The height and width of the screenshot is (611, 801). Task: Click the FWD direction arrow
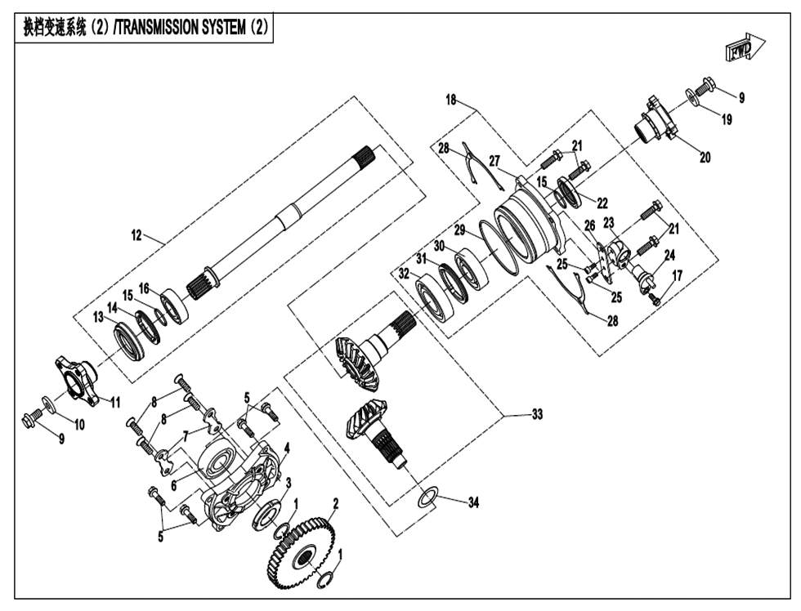[x=743, y=49]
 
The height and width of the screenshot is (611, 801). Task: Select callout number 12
[x=136, y=236]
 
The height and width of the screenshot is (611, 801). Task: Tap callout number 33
[x=536, y=415]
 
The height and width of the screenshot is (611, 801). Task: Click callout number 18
[x=451, y=100]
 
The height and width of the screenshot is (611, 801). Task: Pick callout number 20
[x=704, y=158]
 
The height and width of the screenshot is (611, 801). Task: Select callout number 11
[x=114, y=402]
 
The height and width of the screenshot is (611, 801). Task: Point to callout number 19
[x=725, y=119]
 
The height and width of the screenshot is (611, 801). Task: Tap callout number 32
[x=404, y=275]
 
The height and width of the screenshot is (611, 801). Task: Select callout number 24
[x=669, y=255]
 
